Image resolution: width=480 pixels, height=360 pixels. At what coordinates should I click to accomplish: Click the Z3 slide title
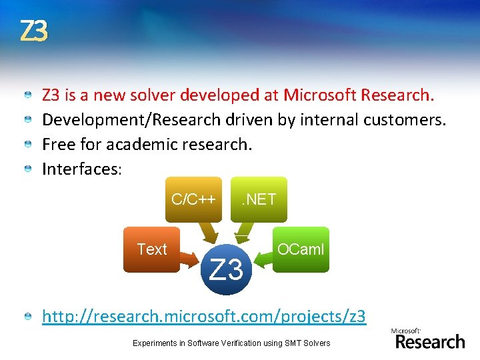click(x=33, y=31)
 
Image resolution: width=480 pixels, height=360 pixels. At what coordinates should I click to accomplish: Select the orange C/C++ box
click(x=193, y=199)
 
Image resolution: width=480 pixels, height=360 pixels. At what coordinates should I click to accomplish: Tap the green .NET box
click(x=259, y=199)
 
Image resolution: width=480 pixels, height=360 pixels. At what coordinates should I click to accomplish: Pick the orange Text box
click(x=151, y=249)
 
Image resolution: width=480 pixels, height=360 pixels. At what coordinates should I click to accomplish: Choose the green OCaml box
click(x=301, y=249)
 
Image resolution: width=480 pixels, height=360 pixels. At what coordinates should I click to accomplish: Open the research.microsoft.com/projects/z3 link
click(x=204, y=315)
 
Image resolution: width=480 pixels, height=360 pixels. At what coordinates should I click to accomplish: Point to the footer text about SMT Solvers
click(x=231, y=343)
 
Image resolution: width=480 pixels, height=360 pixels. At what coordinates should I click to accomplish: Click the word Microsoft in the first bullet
click(x=319, y=95)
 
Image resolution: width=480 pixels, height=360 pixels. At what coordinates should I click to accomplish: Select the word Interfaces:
click(x=82, y=169)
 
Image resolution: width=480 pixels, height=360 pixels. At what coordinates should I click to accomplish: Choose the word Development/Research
click(x=131, y=120)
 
